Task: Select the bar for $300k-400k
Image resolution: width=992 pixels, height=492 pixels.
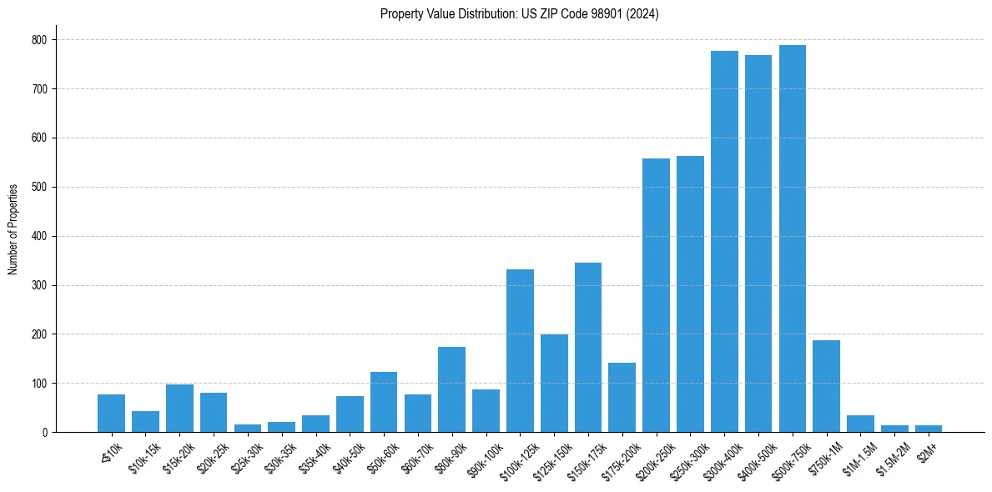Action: [724, 242]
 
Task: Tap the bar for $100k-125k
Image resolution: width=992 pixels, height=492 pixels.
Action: [520, 351]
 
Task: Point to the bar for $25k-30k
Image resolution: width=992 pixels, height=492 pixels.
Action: [248, 428]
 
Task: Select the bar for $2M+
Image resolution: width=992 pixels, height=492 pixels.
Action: [928, 429]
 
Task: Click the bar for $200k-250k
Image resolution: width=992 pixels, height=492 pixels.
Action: [656, 295]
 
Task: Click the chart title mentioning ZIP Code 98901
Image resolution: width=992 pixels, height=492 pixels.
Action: [519, 14]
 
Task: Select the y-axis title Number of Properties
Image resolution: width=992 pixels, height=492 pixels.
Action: [13, 229]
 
